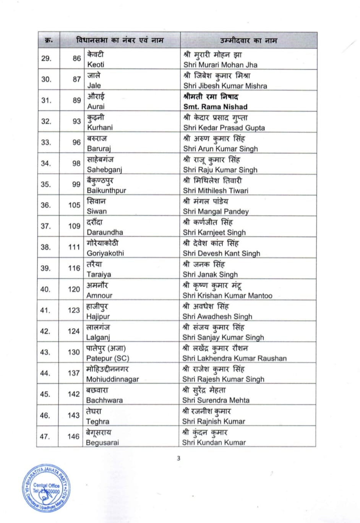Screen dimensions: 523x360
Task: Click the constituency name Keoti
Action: (96, 64)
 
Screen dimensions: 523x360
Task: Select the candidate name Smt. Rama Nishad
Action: (215, 107)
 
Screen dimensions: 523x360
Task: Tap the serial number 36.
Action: (46, 205)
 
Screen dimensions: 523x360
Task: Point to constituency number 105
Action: (74, 205)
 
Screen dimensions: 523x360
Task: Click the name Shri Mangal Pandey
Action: (216, 211)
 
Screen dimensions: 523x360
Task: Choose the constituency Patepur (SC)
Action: (108, 358)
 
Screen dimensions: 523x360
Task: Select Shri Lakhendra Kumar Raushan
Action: (234, 358)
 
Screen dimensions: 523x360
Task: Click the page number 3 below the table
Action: (178, 458)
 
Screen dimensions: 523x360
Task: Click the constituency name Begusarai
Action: (102, 442)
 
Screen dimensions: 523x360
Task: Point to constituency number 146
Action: (73, 436)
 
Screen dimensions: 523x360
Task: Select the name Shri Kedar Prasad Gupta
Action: (224, 128)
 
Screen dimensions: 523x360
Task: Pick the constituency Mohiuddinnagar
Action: (112, 379)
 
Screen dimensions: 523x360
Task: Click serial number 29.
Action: (46, 58)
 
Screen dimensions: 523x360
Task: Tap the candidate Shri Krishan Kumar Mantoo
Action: (227, 295)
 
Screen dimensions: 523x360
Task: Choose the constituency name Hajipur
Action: (98, 316)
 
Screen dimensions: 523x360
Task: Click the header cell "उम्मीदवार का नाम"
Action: (248, 40)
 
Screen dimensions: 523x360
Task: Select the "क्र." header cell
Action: (49, 40)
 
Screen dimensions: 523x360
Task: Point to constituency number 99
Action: (76, 184)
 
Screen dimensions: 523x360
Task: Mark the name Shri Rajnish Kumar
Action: (214, 421)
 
